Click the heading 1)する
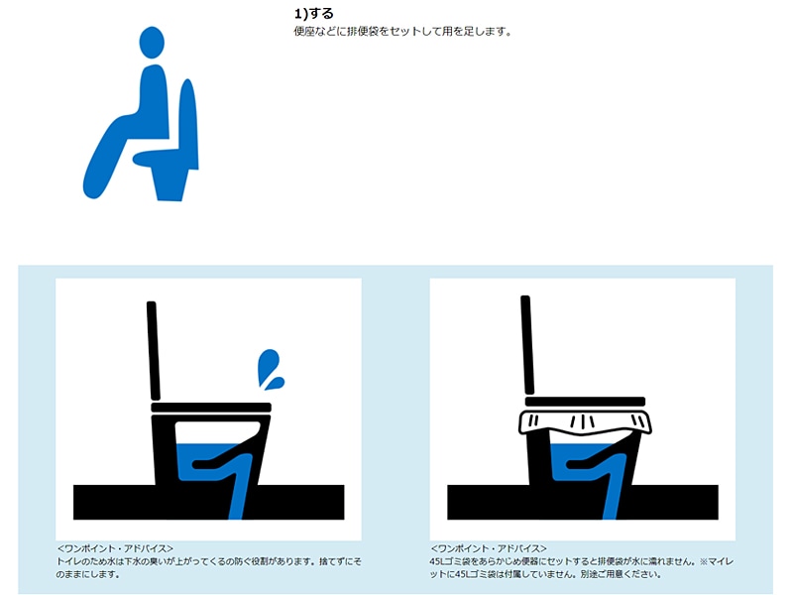pos(313,13)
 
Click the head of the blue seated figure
pos(152,43)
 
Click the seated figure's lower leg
pos(104,162)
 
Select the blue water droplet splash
pos(271,369)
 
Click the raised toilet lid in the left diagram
pos(154,351)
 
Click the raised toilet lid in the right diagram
pos(527,344)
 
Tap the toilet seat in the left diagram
pos(211,408)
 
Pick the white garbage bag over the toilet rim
pos(585,423)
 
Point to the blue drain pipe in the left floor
pos(240,499)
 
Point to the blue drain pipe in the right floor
pos(614,499)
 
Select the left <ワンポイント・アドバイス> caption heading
pos(115,548)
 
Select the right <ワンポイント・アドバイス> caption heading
pos(489,548)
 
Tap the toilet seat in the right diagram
pos(585,402)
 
